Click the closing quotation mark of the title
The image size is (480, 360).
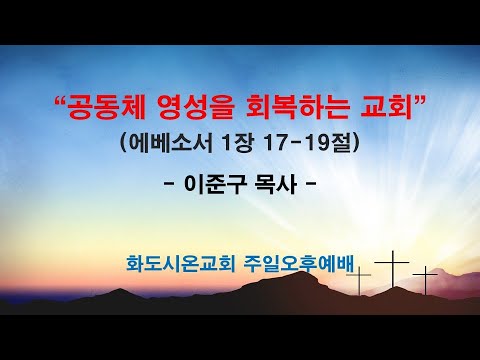pos(422,98)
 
